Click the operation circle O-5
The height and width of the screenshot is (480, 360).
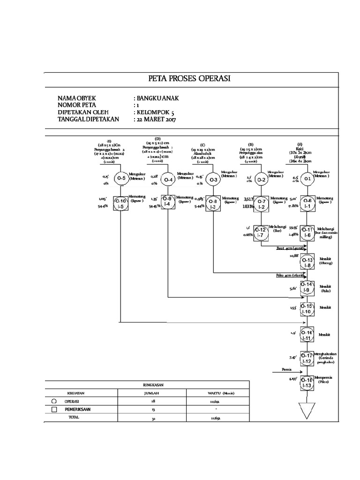121,178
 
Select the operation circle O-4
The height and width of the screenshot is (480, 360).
168,179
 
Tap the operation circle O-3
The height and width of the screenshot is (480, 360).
214,180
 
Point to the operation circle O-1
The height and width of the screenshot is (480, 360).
307,179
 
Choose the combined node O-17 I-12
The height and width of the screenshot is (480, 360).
307,358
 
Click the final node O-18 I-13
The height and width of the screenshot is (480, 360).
307,382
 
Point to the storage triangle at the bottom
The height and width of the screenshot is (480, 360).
307,410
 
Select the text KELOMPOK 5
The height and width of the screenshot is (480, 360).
157,112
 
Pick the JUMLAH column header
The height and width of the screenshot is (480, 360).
152,393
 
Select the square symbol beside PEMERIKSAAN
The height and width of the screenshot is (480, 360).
54,409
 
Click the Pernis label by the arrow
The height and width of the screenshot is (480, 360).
287,369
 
